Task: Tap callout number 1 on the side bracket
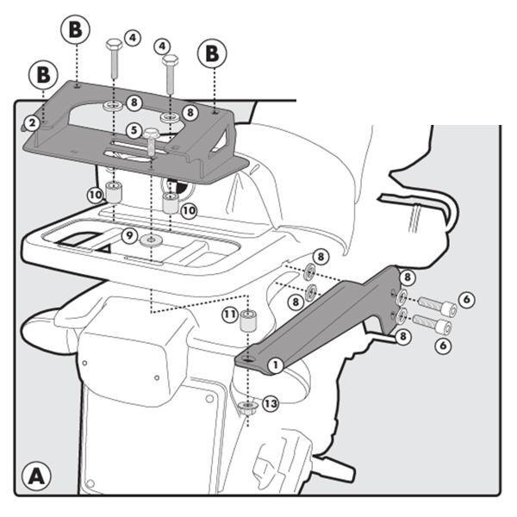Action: pos(275,364)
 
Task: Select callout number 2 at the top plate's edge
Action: pos(31,123)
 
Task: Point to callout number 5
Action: pos(134,130)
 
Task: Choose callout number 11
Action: pos(229,315)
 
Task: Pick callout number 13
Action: pos(271,403)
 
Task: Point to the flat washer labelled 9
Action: pos(151,239)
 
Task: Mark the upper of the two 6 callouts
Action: pos(466,299)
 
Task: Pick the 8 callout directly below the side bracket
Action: pos(403,339)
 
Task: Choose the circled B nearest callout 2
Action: pos(40,73)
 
